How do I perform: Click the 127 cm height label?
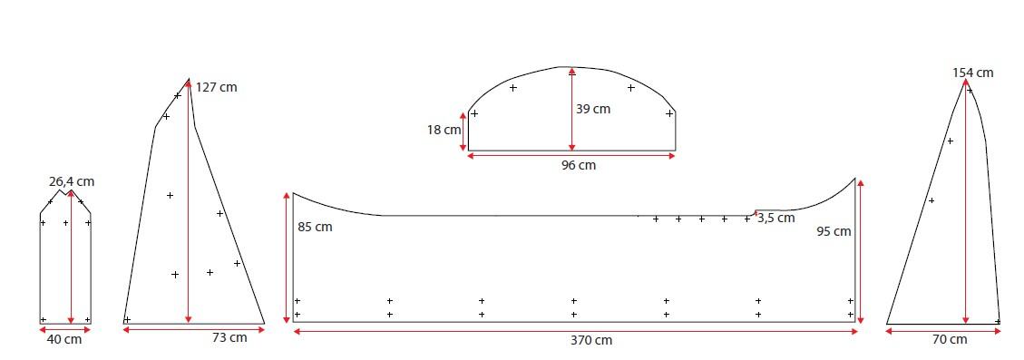[216, 87]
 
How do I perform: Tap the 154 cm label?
[972, 73]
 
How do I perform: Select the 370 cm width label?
[591, 340]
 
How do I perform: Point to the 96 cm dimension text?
[579, 165]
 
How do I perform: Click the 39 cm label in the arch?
[593, 109]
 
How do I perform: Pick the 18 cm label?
[444, 130]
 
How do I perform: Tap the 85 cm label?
[315, 228]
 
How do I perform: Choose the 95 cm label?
[834, 231]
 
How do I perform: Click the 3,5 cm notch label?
[776, 219]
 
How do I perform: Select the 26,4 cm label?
[72, 181]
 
